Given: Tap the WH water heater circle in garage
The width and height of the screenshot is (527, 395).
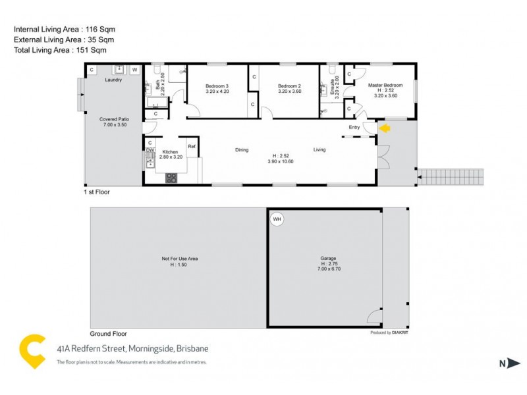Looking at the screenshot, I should coord(277,220).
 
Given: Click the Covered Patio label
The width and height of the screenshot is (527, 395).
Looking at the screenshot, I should coord(114,119).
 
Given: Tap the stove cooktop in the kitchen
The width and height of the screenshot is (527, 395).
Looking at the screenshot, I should coord(171,176).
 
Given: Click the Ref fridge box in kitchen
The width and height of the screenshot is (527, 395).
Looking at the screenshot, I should coord(192,147).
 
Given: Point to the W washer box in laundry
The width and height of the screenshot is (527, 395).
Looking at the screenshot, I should coord(134,69).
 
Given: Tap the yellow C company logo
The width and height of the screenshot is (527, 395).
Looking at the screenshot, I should coord(33,350).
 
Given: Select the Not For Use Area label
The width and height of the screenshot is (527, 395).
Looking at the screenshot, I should coord(175,259).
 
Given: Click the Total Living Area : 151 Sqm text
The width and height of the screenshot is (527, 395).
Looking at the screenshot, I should coord(60,50).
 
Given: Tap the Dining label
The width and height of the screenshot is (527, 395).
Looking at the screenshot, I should coord(242,150).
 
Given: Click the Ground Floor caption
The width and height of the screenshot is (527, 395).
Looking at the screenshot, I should coord(108,334).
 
